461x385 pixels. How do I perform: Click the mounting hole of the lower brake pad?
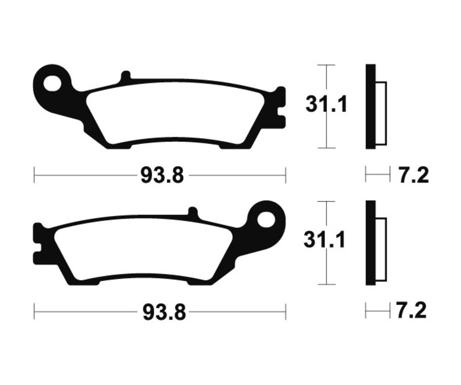[266, 220]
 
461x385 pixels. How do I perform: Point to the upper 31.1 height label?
[327, 105]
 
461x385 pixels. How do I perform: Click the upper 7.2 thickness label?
[413, 176]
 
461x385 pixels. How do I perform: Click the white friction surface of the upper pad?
[174, 114]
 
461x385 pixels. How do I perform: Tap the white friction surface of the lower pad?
[143, 251]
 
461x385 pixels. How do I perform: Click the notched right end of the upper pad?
[279, 107]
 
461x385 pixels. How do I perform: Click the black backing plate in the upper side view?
[370, 106]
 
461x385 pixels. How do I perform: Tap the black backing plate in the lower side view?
[370, 243]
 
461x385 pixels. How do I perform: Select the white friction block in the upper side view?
[382, 113]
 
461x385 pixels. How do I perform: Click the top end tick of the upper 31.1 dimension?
[326, 65]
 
